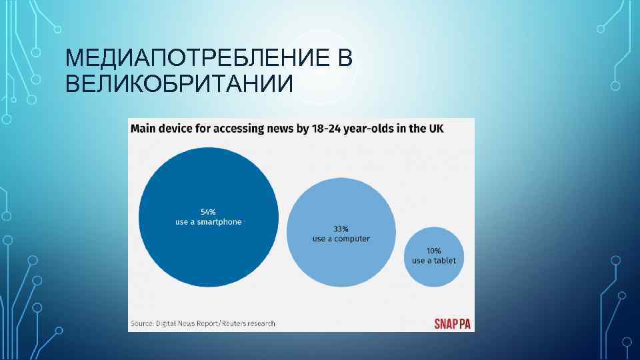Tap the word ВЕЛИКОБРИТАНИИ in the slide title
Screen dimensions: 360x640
click(179, 85)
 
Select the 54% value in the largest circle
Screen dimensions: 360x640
click(209, 212)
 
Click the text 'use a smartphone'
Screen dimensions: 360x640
click(209, 222)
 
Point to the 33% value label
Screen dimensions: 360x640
click(341, 229)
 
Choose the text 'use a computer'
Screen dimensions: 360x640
click(341, 239)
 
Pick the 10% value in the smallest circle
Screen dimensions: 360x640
click(434, 251)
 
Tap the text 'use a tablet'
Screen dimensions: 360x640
click(434, 261)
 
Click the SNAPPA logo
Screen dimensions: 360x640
click(453, 324)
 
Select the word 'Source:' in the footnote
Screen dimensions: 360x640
click(143, 324)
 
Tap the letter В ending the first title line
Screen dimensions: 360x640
click(345, 60)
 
